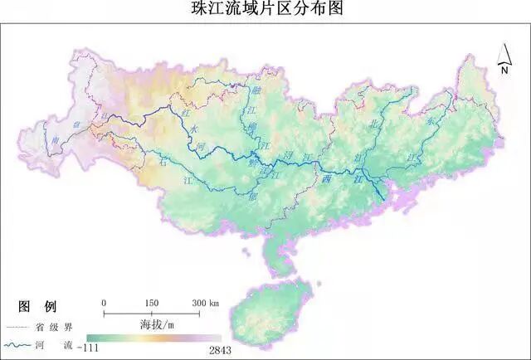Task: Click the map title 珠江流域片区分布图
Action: click(x=265, y=10)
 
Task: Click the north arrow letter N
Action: click(x=504, y=71)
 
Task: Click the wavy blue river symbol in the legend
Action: click(x=19, y=343)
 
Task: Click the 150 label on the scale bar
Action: click(x=151, y=303)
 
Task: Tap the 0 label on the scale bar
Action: click(x=104, y=303)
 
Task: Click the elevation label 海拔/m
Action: click(x=156, y=322)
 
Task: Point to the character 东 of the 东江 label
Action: click(x=431, y=119)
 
